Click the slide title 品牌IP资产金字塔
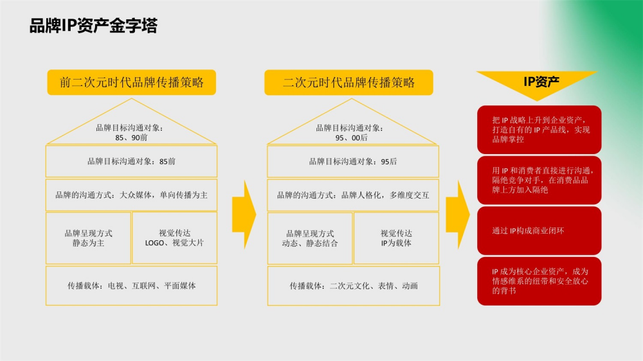tap(93, 26)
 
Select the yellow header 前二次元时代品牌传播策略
tap(132, 82)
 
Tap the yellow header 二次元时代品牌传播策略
tap(349, 82)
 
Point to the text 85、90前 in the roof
tap(131, 137)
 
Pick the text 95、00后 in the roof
tap(352, 137)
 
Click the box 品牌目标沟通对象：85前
tap(131, 161)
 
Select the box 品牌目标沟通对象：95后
tap(353, 161)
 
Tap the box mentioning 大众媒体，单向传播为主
tap(131, 195)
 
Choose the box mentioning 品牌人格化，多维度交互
tap(353, 195)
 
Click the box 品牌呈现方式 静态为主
tap(88, 238)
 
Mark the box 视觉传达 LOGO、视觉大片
tap(175, 238)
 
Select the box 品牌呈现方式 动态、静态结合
tap(310, 238)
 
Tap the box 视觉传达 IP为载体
tap(396, 238)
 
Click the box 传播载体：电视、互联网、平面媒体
tap(131, 286)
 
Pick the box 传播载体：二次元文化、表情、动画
tap(354, 286)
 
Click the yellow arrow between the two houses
tap(244, 215)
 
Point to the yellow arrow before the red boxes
tap(458, 215)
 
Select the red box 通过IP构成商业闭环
tap(539, 231)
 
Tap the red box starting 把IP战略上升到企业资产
tap(539, 130)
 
